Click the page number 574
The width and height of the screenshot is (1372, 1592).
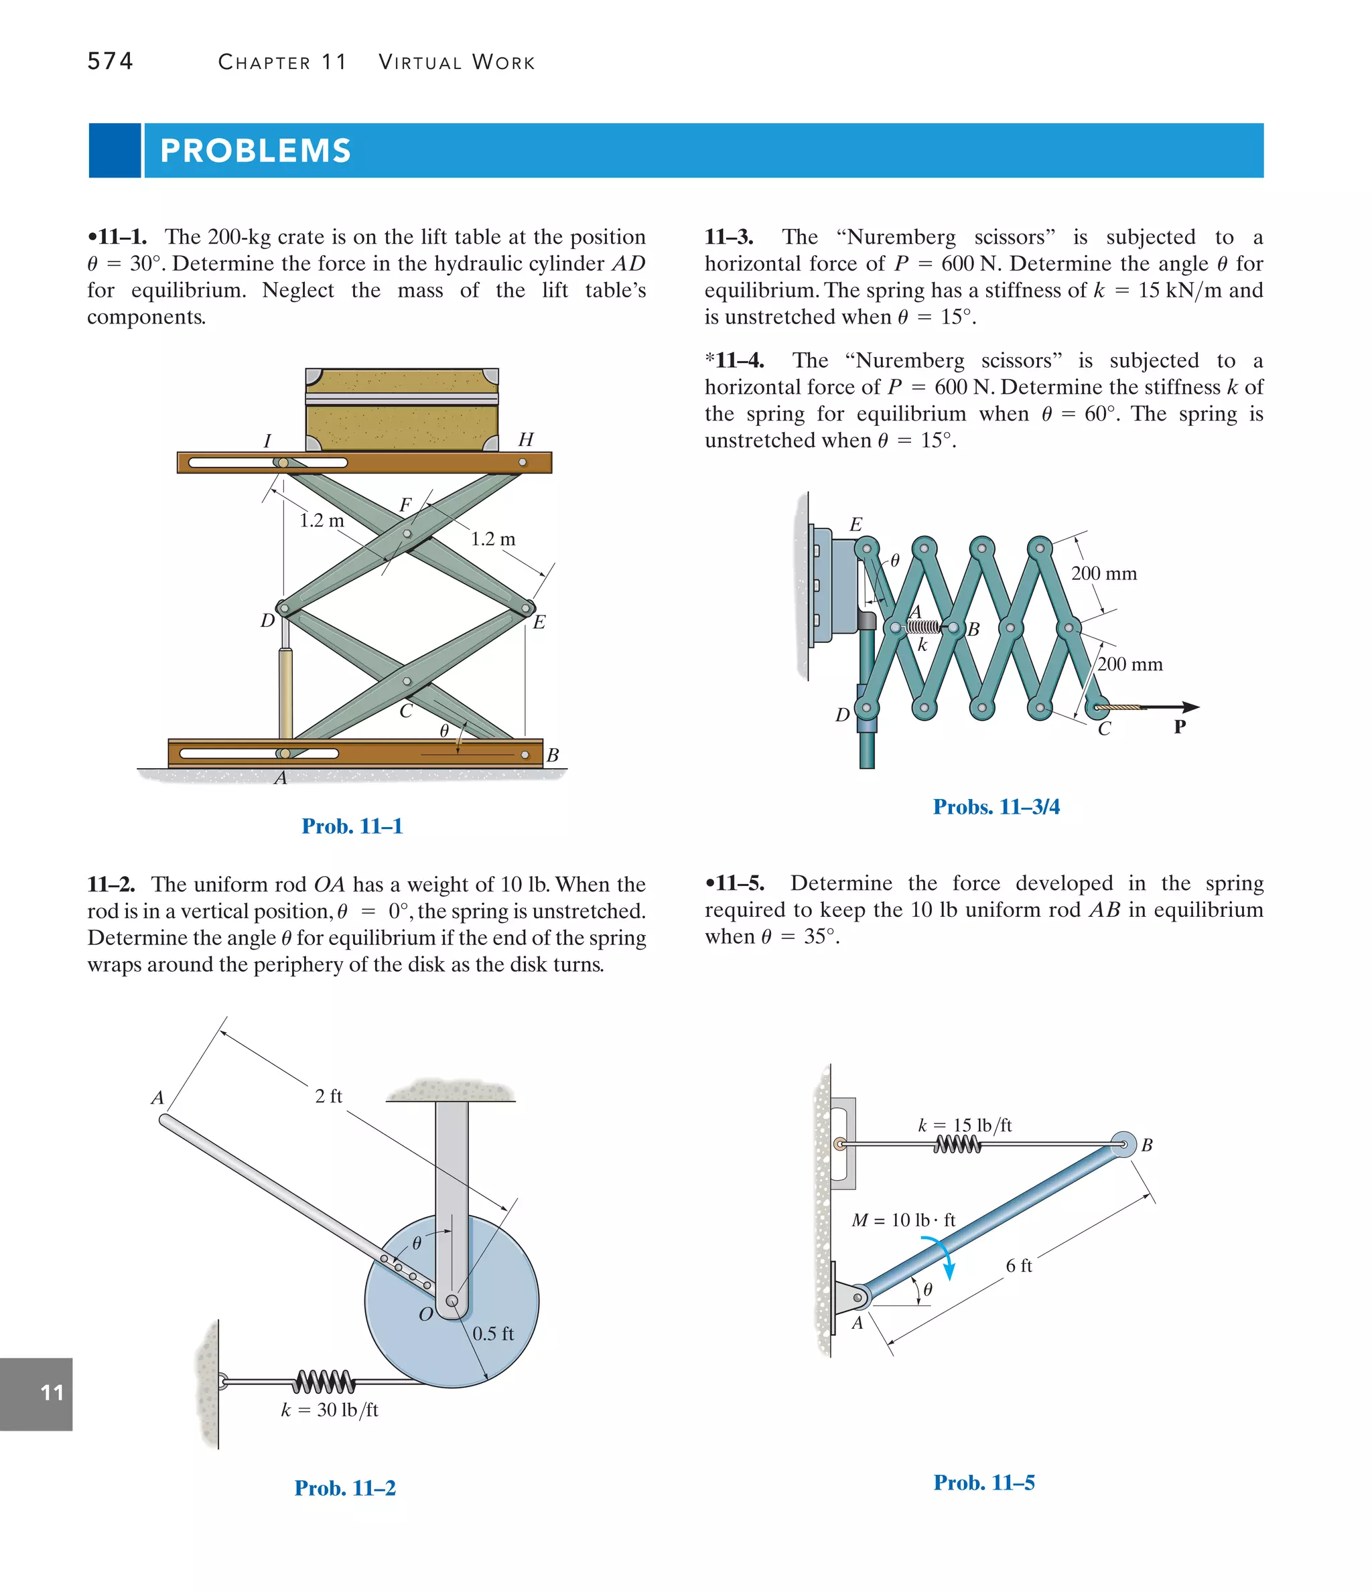(x=110, y=61)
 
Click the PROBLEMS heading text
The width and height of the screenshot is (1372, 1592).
(x=255, y=151)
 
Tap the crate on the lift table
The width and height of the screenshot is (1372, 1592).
(x=402, y=409)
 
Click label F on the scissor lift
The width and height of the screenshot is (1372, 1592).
(x=405, y=505)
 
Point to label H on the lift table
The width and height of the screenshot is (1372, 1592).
(x=526, y=439)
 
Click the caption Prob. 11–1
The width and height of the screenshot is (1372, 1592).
(x=352, y=826)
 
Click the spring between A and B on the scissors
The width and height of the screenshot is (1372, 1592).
(x=922, y=627)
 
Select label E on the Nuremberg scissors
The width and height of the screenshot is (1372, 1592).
(x=855, y=525)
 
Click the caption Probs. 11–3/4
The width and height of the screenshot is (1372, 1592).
(x=996, y=807)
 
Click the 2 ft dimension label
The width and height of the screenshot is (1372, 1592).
(x=328, y=1096)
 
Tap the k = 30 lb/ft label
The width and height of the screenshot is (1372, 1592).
(x=329, y=1410)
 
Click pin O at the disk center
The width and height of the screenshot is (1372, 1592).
(x=452, y=1301)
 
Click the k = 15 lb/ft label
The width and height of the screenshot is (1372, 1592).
(x=965, y=1125)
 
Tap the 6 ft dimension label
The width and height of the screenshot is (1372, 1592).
(x=1018, y=1265)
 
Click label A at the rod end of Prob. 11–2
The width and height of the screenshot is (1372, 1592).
(x=157, y=1098)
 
